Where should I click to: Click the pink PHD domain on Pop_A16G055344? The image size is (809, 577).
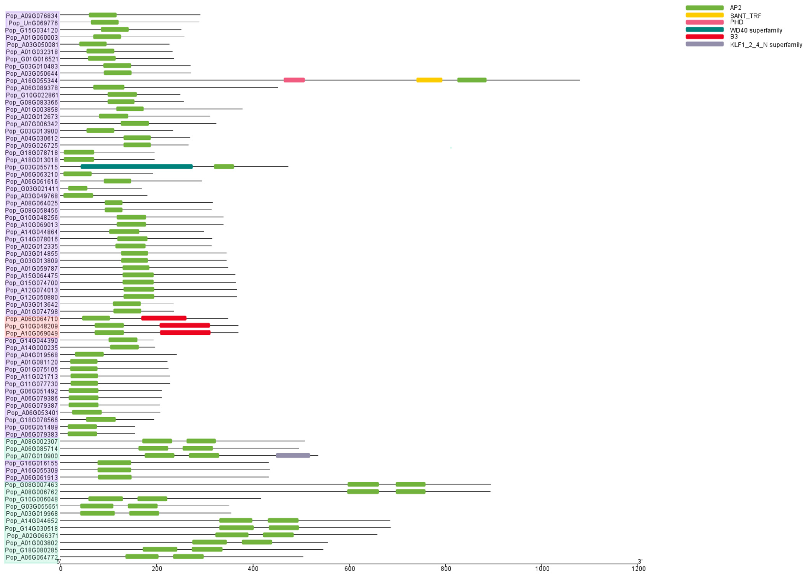coord(294,80)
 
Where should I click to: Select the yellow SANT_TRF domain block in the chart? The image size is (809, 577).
coord(429,80)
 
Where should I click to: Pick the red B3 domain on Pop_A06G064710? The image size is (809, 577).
coord(163,318)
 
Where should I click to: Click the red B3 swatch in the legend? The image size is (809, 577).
coord(705,37)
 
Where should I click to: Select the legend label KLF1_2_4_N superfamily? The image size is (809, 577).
coord(766,45)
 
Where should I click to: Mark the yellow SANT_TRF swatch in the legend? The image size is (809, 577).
coord(705,15)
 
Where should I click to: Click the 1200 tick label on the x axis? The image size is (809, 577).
coord(638,568)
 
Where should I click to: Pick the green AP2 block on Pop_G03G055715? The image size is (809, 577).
coord(224,167)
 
